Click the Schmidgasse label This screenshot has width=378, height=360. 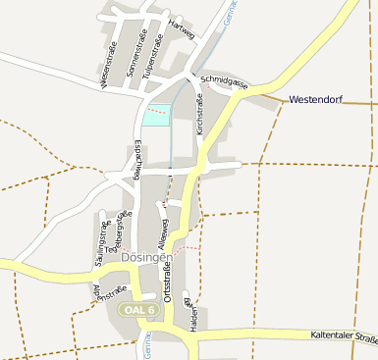(x=223, y=82)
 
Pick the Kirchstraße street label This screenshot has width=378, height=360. (x=200, y=113)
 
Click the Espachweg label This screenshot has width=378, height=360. (x=136, y=160)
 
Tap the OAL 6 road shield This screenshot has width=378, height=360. (x=139, y=309)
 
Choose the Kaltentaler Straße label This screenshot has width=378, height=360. (x=343, y=339)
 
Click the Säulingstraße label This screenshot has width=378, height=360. (x=100, y=238)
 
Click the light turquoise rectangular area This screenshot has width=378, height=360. (x=155, y=115)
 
